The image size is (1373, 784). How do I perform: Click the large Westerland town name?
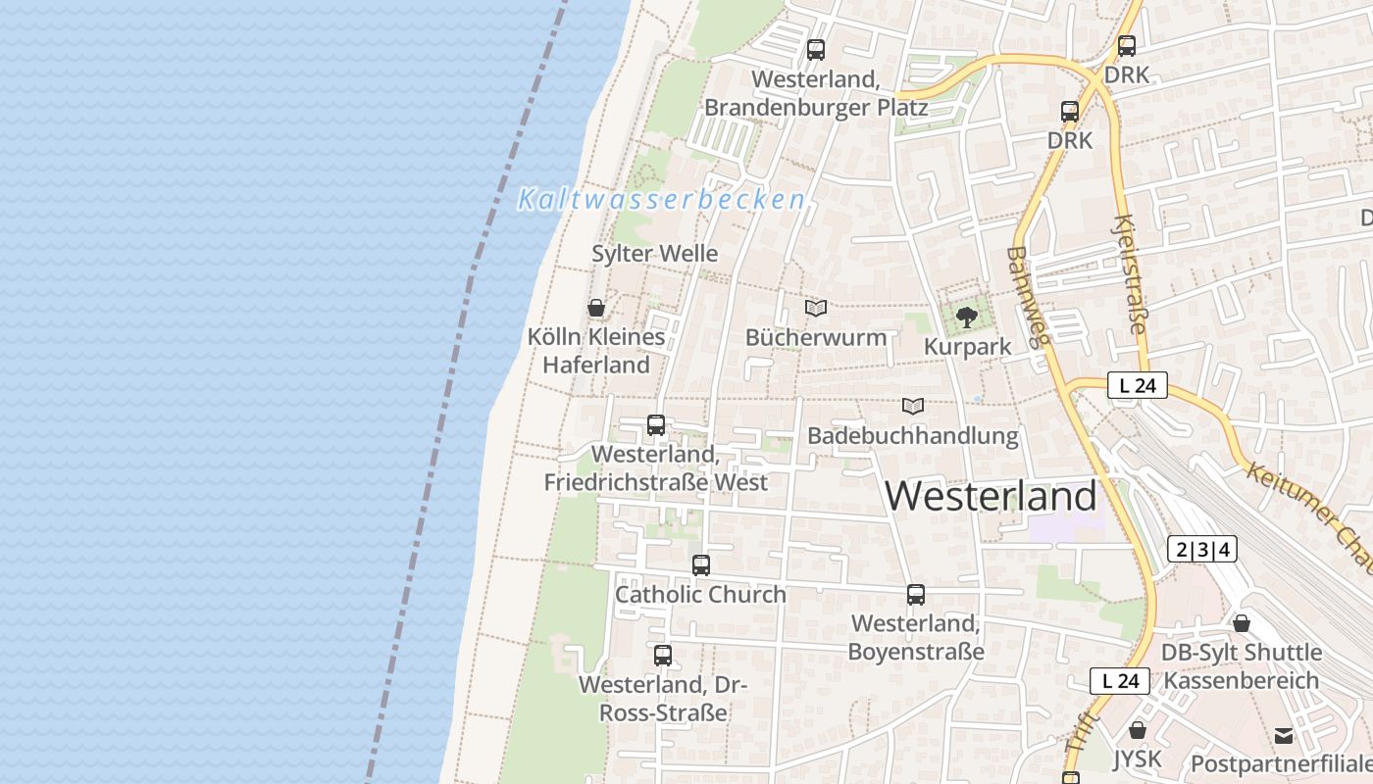point(991,497)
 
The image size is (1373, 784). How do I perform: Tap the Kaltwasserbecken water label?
point(662,200)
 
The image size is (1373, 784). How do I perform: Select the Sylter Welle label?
point(654,254)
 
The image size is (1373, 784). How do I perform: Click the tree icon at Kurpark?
point(967,317)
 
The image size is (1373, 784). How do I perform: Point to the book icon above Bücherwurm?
point(816,308)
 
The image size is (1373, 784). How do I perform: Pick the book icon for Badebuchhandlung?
point(913,406)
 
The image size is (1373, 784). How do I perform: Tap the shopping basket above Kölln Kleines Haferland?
point(596,308)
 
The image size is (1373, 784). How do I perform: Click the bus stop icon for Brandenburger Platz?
point(816,49)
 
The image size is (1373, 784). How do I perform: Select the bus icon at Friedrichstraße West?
point(656,425)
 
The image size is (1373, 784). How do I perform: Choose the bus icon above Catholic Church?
point(701,564)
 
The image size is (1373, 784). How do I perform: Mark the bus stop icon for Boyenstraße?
point(916,594)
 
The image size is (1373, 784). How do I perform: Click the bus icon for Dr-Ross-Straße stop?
point(663,655)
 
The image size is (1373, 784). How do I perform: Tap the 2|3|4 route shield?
point(1202,550)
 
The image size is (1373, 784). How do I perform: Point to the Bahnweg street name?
point(1027,297)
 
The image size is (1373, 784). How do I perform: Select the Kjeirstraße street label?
point(1129,274)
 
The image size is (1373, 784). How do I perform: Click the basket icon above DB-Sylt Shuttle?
point(1242,623)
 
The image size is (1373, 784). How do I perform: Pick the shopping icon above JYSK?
point(1138,730)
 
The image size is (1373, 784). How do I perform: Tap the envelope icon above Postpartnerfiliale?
point(1283,736)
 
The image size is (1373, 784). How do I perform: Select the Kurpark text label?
point(967,348)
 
